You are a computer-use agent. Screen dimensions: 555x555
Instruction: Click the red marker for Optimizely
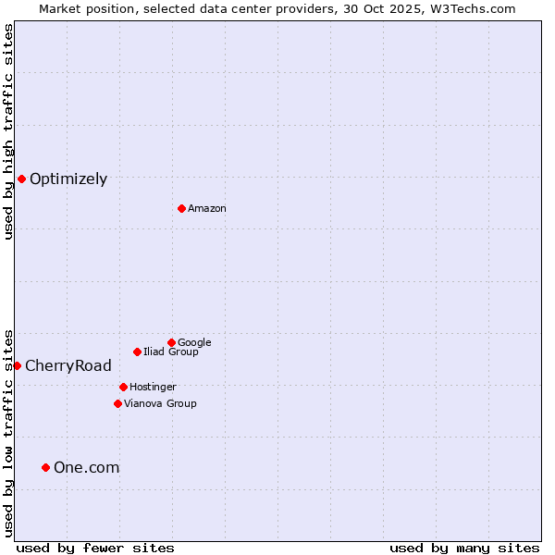[x=21, y=179]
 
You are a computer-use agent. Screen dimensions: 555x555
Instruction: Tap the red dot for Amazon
[x=181, y=208]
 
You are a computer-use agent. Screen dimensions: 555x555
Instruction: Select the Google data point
[x=171, y=342]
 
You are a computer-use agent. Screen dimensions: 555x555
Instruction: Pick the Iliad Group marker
[x=137, y=351]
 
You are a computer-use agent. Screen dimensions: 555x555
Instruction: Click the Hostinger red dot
[x=123, y=387]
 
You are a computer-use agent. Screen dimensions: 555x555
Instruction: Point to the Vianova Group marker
[x=117, y=403]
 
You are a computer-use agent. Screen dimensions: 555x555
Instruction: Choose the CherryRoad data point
[x=17, y=365]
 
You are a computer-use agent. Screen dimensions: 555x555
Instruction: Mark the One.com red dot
[x=45, y=467]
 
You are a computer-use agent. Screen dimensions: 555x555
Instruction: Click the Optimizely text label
[x=68, y=179]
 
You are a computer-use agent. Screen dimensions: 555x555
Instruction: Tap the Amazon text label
[x=207, y=209]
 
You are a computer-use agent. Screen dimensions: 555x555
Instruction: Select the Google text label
[x=194, y=342]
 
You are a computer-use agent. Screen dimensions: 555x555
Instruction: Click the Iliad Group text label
[x=171, y=351]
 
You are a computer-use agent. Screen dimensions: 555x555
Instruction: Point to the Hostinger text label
[x=153, y=387]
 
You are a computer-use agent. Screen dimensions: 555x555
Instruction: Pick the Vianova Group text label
[x=160, y=403]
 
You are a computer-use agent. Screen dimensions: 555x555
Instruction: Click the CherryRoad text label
[x=68, y=365]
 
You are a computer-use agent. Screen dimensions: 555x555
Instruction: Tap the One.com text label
[x=87, y=468]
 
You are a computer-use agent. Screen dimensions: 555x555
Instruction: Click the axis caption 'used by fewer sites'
[x=95, y=548]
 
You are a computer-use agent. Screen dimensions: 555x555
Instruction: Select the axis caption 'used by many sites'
[x=464, y=548]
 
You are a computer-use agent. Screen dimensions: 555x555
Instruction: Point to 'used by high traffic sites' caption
[x=8, y=131]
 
